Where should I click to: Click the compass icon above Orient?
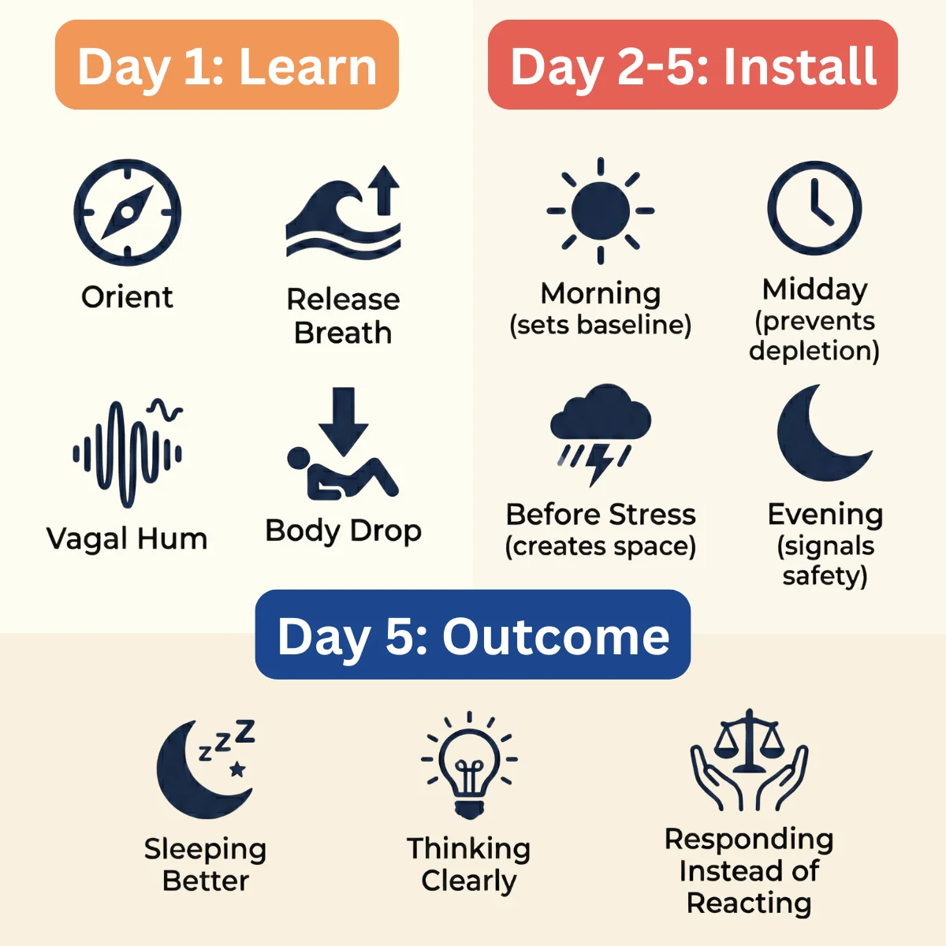[128, 212]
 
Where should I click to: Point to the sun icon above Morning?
[601, 210]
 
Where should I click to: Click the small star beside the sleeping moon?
[237, 769]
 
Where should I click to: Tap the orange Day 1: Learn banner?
[227, 65]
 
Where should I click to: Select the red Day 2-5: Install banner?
[693, 65]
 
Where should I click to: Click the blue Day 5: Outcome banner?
[473, 635]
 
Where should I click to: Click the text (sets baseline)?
[601, 326]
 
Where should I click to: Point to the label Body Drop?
[343, 531]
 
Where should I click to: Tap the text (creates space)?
[601, 546]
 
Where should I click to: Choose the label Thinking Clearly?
[469, 865]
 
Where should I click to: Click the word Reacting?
[749, 903]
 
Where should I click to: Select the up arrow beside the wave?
[385, 191]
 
